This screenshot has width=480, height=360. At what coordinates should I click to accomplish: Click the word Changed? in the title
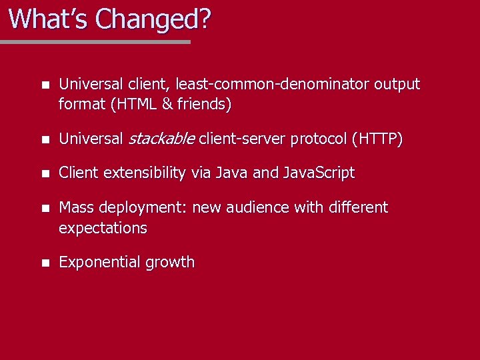click(x=153, y=19)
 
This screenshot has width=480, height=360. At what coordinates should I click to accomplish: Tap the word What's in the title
click(x=49, y=19)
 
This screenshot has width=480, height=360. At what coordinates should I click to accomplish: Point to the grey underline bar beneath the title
click(x=95, y=41)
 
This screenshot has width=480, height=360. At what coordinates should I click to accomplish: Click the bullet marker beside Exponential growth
click(x=44, y=263)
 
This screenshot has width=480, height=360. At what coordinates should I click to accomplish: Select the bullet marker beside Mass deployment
click(x=44, y=208)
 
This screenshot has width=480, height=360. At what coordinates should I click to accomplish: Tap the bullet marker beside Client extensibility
click(x=44, y=173)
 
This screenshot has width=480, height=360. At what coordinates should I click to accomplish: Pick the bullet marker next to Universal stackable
click(x=44, y=139)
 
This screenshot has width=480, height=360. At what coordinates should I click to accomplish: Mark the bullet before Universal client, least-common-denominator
click(x=44, y=85)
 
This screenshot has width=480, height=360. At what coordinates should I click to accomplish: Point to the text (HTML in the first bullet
click(x=135, y=104)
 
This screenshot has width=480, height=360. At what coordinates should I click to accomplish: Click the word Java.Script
click(x=319, y=173)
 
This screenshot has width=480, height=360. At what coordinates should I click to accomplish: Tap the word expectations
click(x=103, y=227)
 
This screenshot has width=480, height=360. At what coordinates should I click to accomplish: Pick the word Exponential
click(x=96, y=262)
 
